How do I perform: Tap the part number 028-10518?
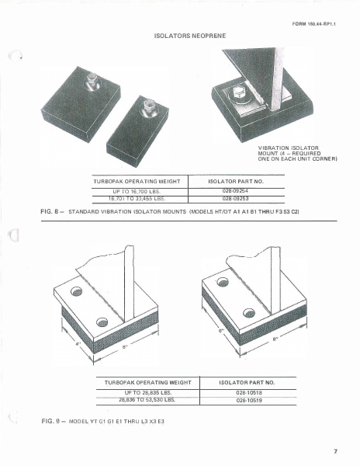(248, 393)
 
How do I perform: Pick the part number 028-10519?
(248, 401)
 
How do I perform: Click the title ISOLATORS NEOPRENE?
(179, 37)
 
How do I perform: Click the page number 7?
(336, 450)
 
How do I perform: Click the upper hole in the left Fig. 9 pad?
(76, 292)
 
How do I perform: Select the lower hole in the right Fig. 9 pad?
(248, 314)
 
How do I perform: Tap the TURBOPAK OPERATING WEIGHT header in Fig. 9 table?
(147, 382)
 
